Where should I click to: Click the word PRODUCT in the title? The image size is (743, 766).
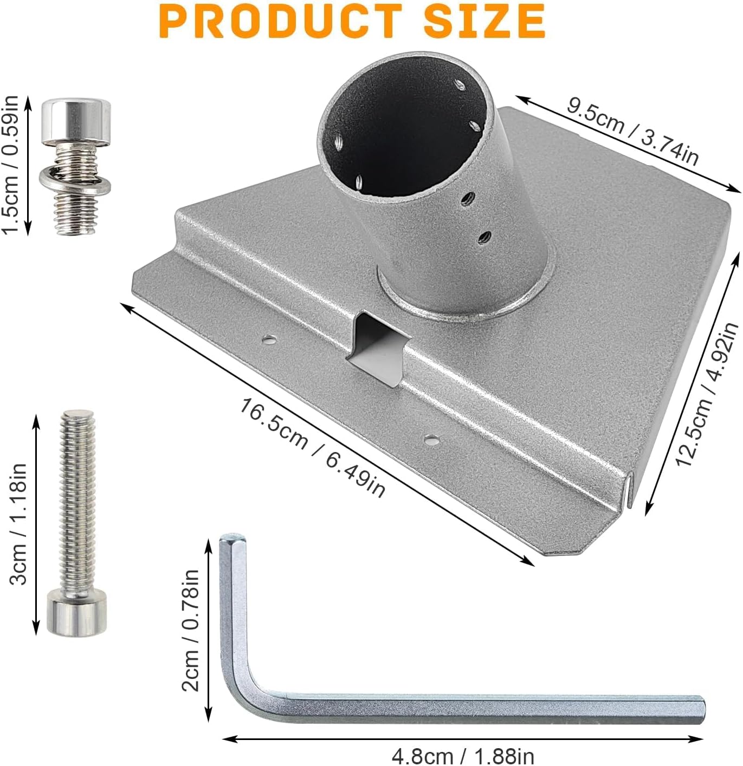(x=281, y=21)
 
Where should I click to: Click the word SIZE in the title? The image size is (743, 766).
(x=484, y=21)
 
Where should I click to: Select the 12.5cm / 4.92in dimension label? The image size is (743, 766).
(x=706, y=394)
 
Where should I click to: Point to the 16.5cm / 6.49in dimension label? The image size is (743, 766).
(x=312, y=448)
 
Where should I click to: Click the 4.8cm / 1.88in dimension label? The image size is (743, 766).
(x=463, y=756)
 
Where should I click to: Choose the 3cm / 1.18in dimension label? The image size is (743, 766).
(x=18, y=524)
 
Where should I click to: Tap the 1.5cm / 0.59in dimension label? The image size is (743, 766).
(x=10, y=165)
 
